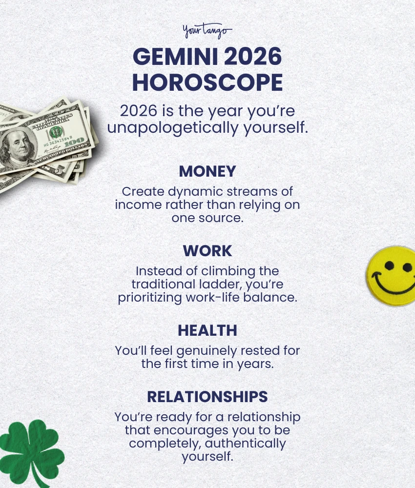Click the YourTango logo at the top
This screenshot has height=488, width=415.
(x=207, y=32)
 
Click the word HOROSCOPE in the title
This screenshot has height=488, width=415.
(x=207, y=83)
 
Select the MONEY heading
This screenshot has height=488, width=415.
(x=207, y=171)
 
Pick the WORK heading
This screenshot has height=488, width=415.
(x=207, y=251)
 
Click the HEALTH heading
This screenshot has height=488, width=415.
(x=207, y=330)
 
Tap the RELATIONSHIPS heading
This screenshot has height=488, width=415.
(x=207, y=397)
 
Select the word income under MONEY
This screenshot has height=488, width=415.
(x=136, y=205)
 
